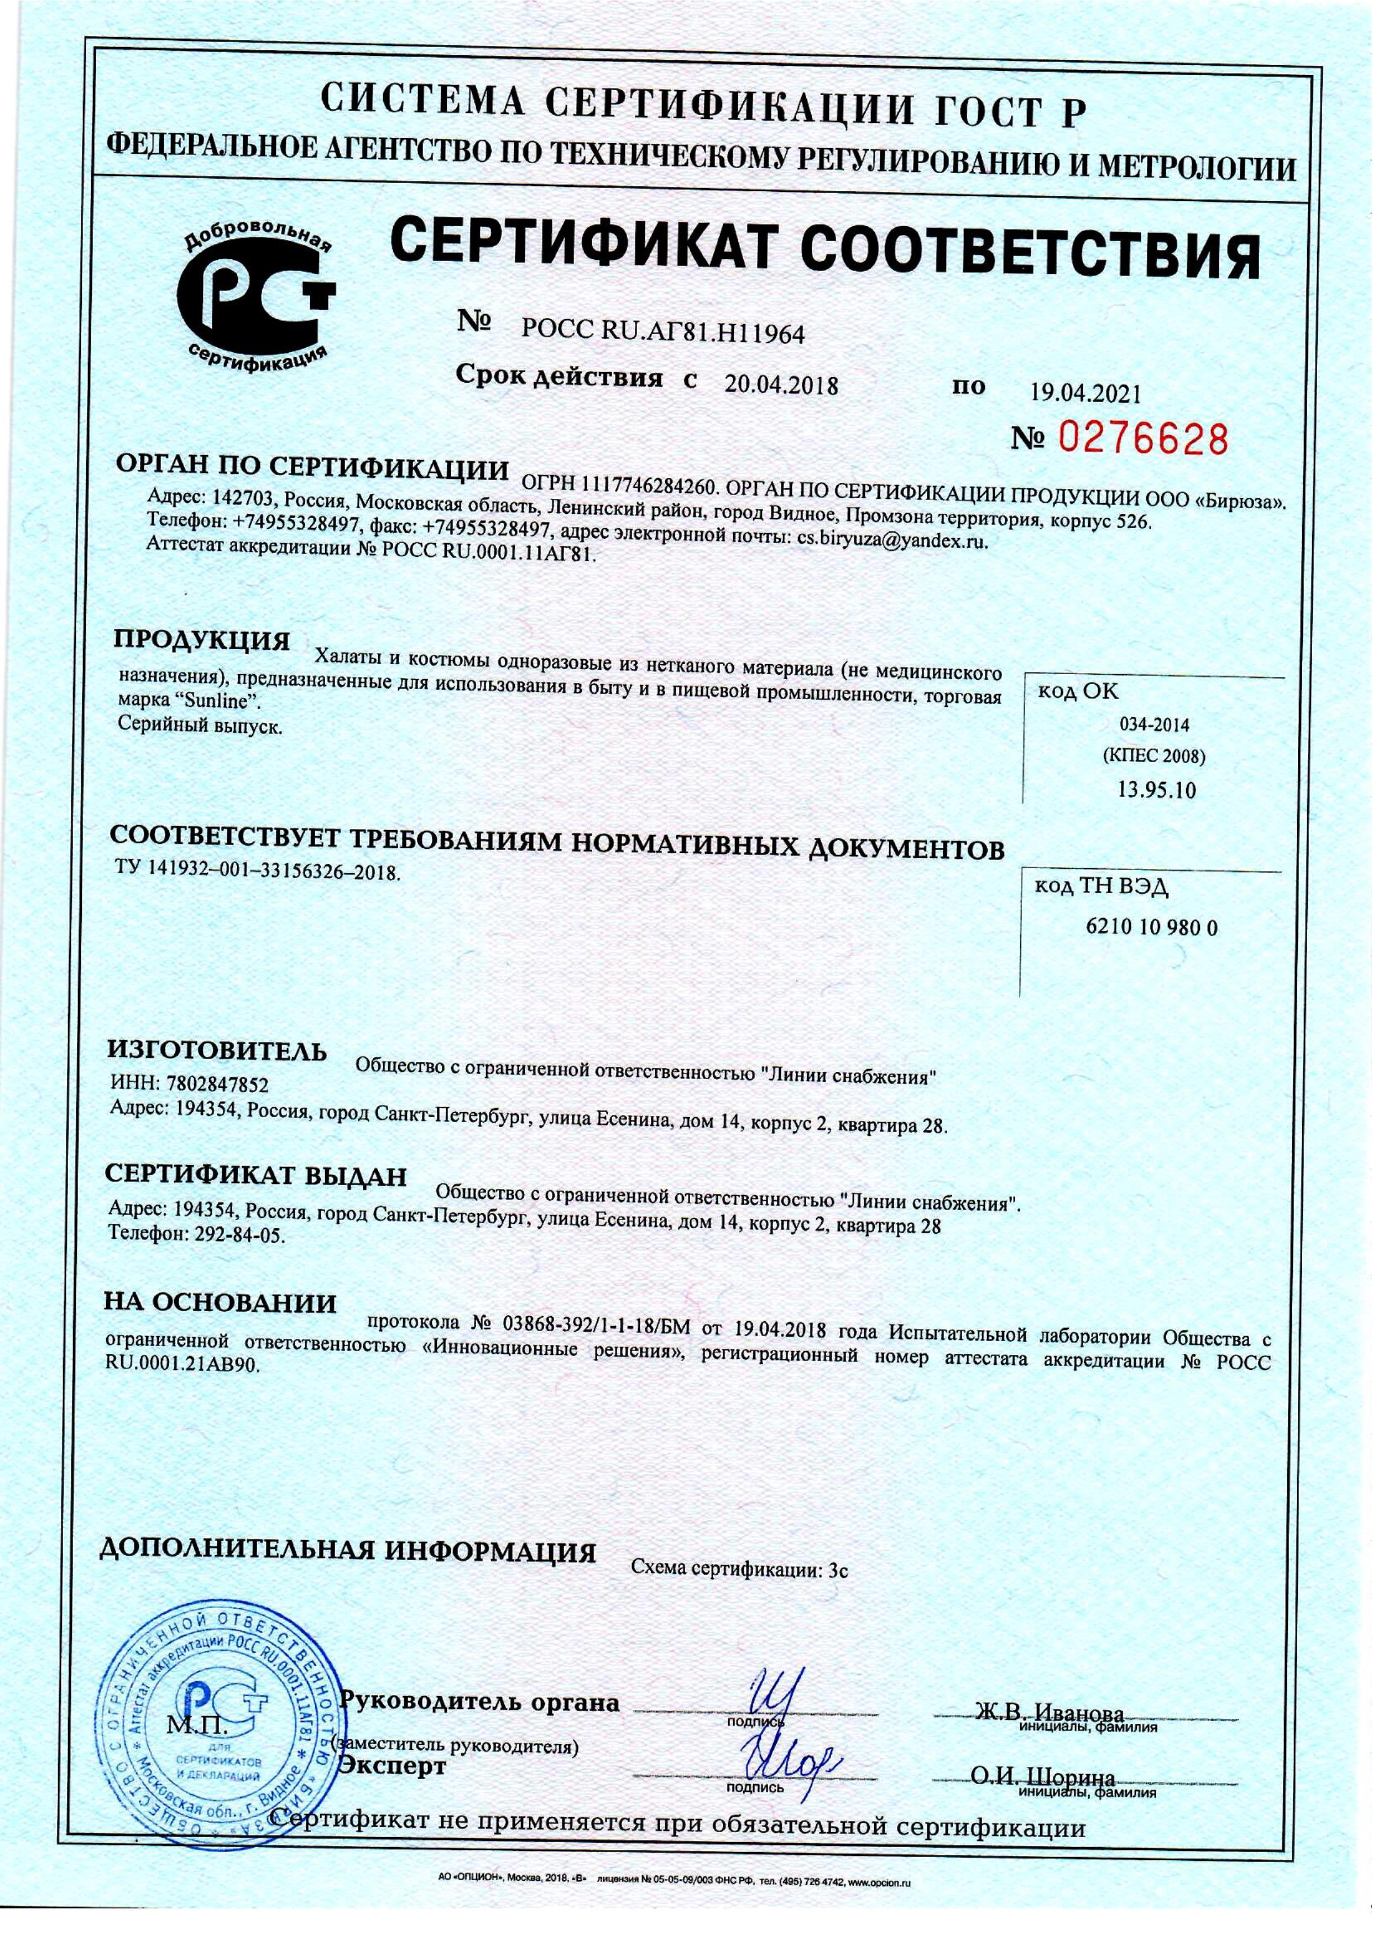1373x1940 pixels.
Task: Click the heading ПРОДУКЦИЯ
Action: (203, 638)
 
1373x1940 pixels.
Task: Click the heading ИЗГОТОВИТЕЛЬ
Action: (216, 1052)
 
